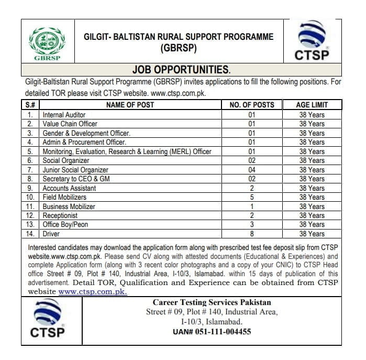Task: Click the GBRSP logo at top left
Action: click(x=47, y=44)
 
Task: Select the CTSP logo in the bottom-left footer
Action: click(x=48, y=320)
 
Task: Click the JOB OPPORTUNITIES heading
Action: click(x=181, y=70)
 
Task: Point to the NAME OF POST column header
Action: click(x=130, y=105)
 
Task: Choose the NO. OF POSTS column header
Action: click(x=252, y=105)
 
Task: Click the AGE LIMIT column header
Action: click(x=312, y=105)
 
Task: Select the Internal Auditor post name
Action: click(x=64, y=115)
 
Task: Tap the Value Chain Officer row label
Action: click(x=70, y=124)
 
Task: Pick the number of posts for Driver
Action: click(x=252, y=234)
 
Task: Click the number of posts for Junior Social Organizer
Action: click(x=252, y=170)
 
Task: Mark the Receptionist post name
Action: click(x=60, y=215)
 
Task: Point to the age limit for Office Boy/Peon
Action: click(x=312, y=224)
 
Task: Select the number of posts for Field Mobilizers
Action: click(x=252, y=197)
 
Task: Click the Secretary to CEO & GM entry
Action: click(x=76, y=179)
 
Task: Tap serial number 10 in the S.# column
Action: click(x=30, y=197)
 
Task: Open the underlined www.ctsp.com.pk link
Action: click(x=93, y=292)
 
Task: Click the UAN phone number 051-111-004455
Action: click(x=212, y=332)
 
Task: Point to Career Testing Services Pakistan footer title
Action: click(x=212, y=303)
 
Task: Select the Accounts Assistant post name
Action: click(x=69, y=188)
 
